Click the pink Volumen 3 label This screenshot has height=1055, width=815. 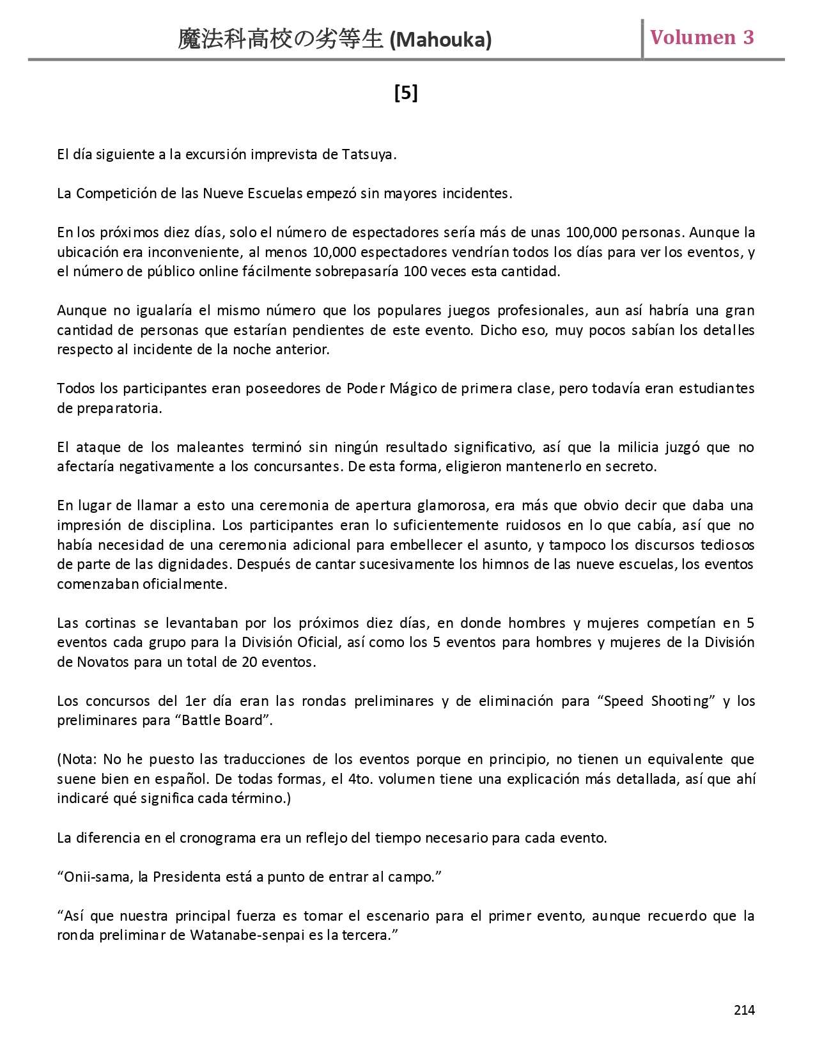(702, 37)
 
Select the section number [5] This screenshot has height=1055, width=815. (406, 93)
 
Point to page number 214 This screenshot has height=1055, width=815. (744, 1010)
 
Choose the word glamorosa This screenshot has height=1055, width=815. (453, 506)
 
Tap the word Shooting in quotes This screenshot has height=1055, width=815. (681, 701)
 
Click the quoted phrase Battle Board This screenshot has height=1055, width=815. (223, 721)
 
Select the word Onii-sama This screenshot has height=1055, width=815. (97, 877)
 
